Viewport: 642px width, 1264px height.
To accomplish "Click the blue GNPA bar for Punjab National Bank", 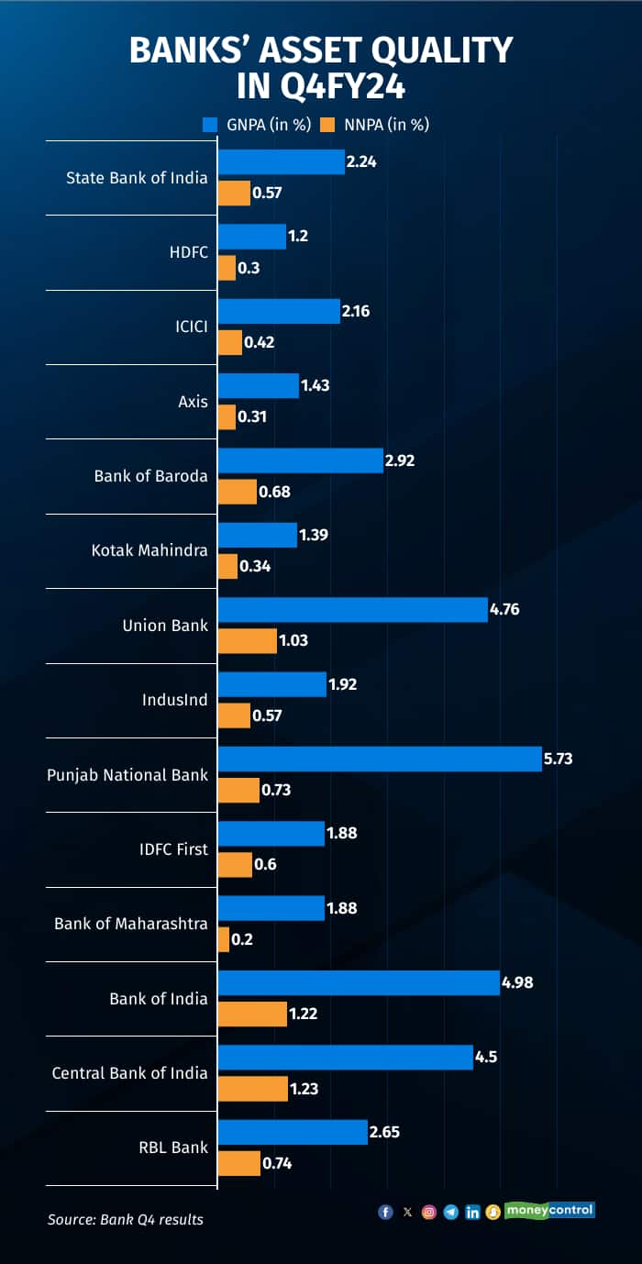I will click(x=380, y=759).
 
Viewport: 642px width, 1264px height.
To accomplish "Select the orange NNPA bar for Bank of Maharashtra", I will click(x=224, y=939).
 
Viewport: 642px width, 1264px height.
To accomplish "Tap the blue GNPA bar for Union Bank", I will click(x=353, y=609).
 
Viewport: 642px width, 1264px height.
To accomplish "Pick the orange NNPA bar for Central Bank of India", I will click(x=253, y=1089).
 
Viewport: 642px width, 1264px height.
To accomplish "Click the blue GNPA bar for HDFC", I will click(x=252, y=237).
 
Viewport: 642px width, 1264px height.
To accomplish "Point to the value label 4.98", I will click(x=518, y=982).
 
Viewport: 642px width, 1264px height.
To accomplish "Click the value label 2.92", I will click(x=400, y=460).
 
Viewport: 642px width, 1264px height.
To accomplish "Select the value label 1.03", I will click(x=294, y=641).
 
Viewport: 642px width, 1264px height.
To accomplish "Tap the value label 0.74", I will click(x=278, y=1163).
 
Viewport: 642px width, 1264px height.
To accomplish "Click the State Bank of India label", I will click(x=137, y=177).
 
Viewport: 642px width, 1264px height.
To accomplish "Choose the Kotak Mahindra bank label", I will click(x=149, y=550).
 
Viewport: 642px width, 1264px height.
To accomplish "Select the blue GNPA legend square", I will click(x=209, y=124).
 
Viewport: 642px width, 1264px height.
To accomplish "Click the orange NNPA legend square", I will click(x=327, y=124).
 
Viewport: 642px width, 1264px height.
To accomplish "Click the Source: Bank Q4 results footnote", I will click(x=126, y=1219).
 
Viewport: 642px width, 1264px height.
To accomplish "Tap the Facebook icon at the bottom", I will click(x=385, y=1212).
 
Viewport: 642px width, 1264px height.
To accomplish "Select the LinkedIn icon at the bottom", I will click(x=472, y=1212).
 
